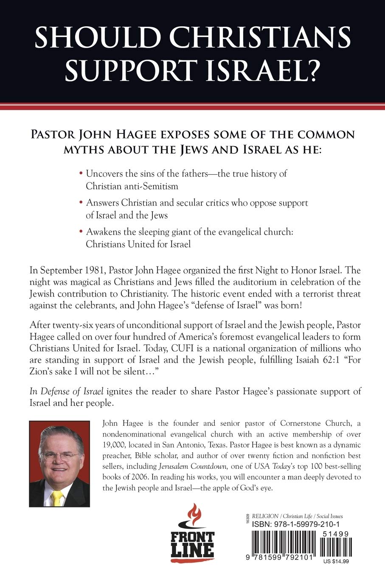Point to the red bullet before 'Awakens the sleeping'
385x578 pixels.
tap(81, 232)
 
